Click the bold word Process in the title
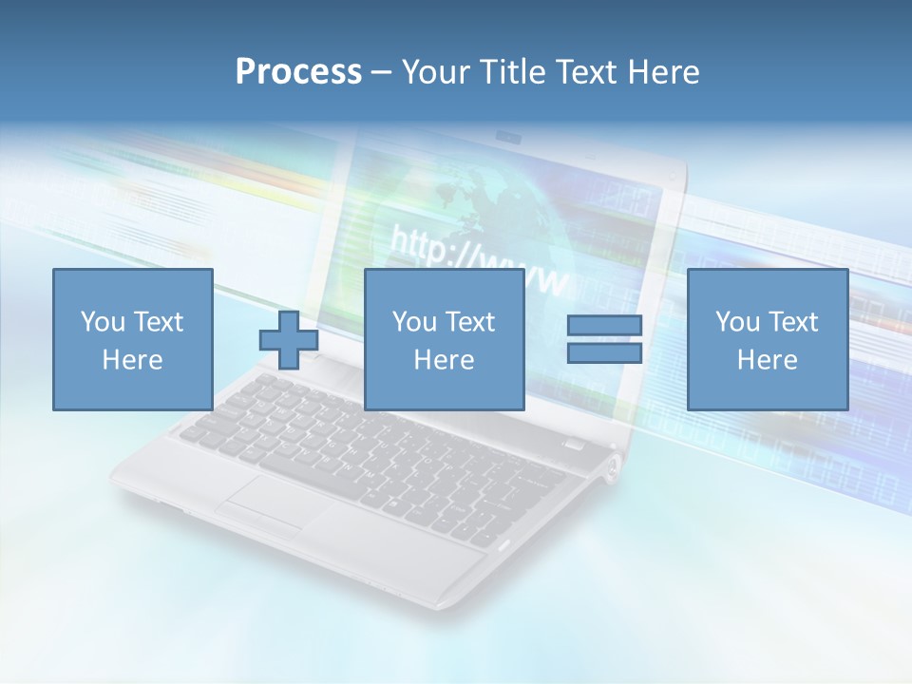(298, 72)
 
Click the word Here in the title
(666, 72)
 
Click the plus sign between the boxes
(289, 340)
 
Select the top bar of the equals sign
(604, 326)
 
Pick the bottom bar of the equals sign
(604, 353)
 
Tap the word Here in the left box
(132, 360)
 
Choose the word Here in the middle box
(444, 360)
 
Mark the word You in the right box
(737, 322)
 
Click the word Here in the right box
(767, 360)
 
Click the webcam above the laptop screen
(509, 139)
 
